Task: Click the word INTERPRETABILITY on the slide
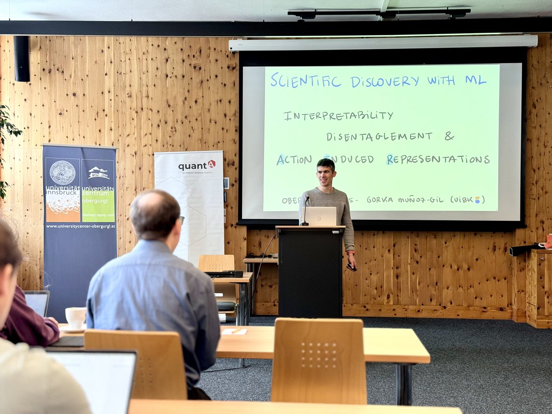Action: click(x=338, y=115)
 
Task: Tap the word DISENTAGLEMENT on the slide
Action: click(x=379, y=137)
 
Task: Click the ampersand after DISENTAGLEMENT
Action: click(x=449, y=136)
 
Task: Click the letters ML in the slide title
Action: click(x=475, y=80)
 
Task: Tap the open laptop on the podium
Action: click(x=321, y=216)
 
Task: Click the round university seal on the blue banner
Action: click(x=63, y=173)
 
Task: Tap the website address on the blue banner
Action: click(x=80, y=226)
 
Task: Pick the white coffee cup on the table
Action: click(x=75, y=317)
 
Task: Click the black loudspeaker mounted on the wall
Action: click(x=22, y=58)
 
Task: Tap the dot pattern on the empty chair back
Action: click(x=319, y=355)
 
